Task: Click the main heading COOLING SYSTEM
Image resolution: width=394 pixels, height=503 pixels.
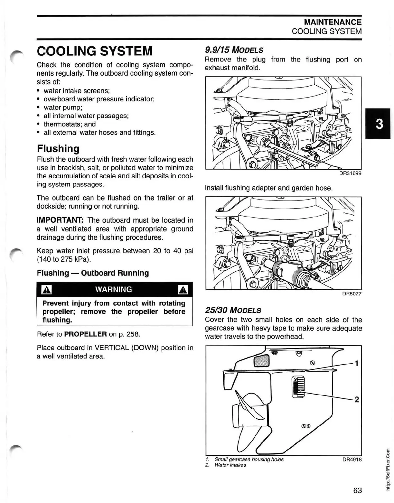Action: pos(95,51)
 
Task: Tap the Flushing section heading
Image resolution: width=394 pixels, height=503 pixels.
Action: pos(58,149)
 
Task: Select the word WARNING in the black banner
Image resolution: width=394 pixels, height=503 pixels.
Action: pos(114,289)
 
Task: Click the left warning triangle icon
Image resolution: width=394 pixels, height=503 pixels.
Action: pos(47,290)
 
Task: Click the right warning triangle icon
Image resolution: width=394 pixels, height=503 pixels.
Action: pos(183,290)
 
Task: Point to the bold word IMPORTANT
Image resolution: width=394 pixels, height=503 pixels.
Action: pos(60,220)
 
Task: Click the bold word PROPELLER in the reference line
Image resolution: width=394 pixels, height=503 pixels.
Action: pos(85,334)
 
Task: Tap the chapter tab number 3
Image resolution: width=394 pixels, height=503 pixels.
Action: pos(379,124)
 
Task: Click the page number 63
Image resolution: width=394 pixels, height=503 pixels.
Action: pos(357,490)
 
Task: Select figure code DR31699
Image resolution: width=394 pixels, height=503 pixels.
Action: pos(350,173)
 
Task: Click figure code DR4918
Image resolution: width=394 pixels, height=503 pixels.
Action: pos(352,460)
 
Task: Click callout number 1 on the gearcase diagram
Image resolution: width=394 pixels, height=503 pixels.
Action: pos(356,364)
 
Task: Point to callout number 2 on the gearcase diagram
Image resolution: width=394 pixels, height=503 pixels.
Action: pos(356,400)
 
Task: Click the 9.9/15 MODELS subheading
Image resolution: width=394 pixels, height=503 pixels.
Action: pos(234,50)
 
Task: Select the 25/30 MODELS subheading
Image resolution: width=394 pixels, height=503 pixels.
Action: pos(233,311)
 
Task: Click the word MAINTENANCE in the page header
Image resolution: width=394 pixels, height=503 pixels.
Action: pos(333,22)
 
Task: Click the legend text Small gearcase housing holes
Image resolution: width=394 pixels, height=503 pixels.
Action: pos(249,460)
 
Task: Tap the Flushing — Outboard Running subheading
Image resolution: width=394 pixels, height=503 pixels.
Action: pos(93,273)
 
